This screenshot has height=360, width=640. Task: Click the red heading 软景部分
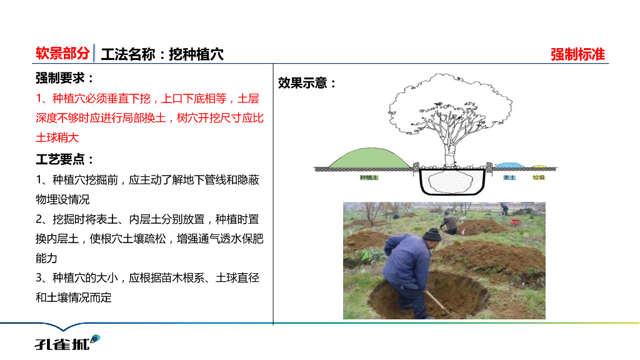62,54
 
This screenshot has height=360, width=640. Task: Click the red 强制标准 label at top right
577,54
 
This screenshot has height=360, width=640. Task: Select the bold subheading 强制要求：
65,79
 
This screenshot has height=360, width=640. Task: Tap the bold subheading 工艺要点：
65,159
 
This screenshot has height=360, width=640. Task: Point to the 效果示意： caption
307,83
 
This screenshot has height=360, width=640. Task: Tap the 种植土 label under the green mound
369,177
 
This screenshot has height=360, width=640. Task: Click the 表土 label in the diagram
509,177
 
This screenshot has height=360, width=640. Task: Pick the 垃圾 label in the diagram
539,177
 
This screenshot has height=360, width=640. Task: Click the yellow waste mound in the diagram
539,167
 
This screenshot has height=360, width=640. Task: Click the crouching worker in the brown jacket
449,223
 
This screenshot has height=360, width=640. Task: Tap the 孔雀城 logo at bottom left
66,341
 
